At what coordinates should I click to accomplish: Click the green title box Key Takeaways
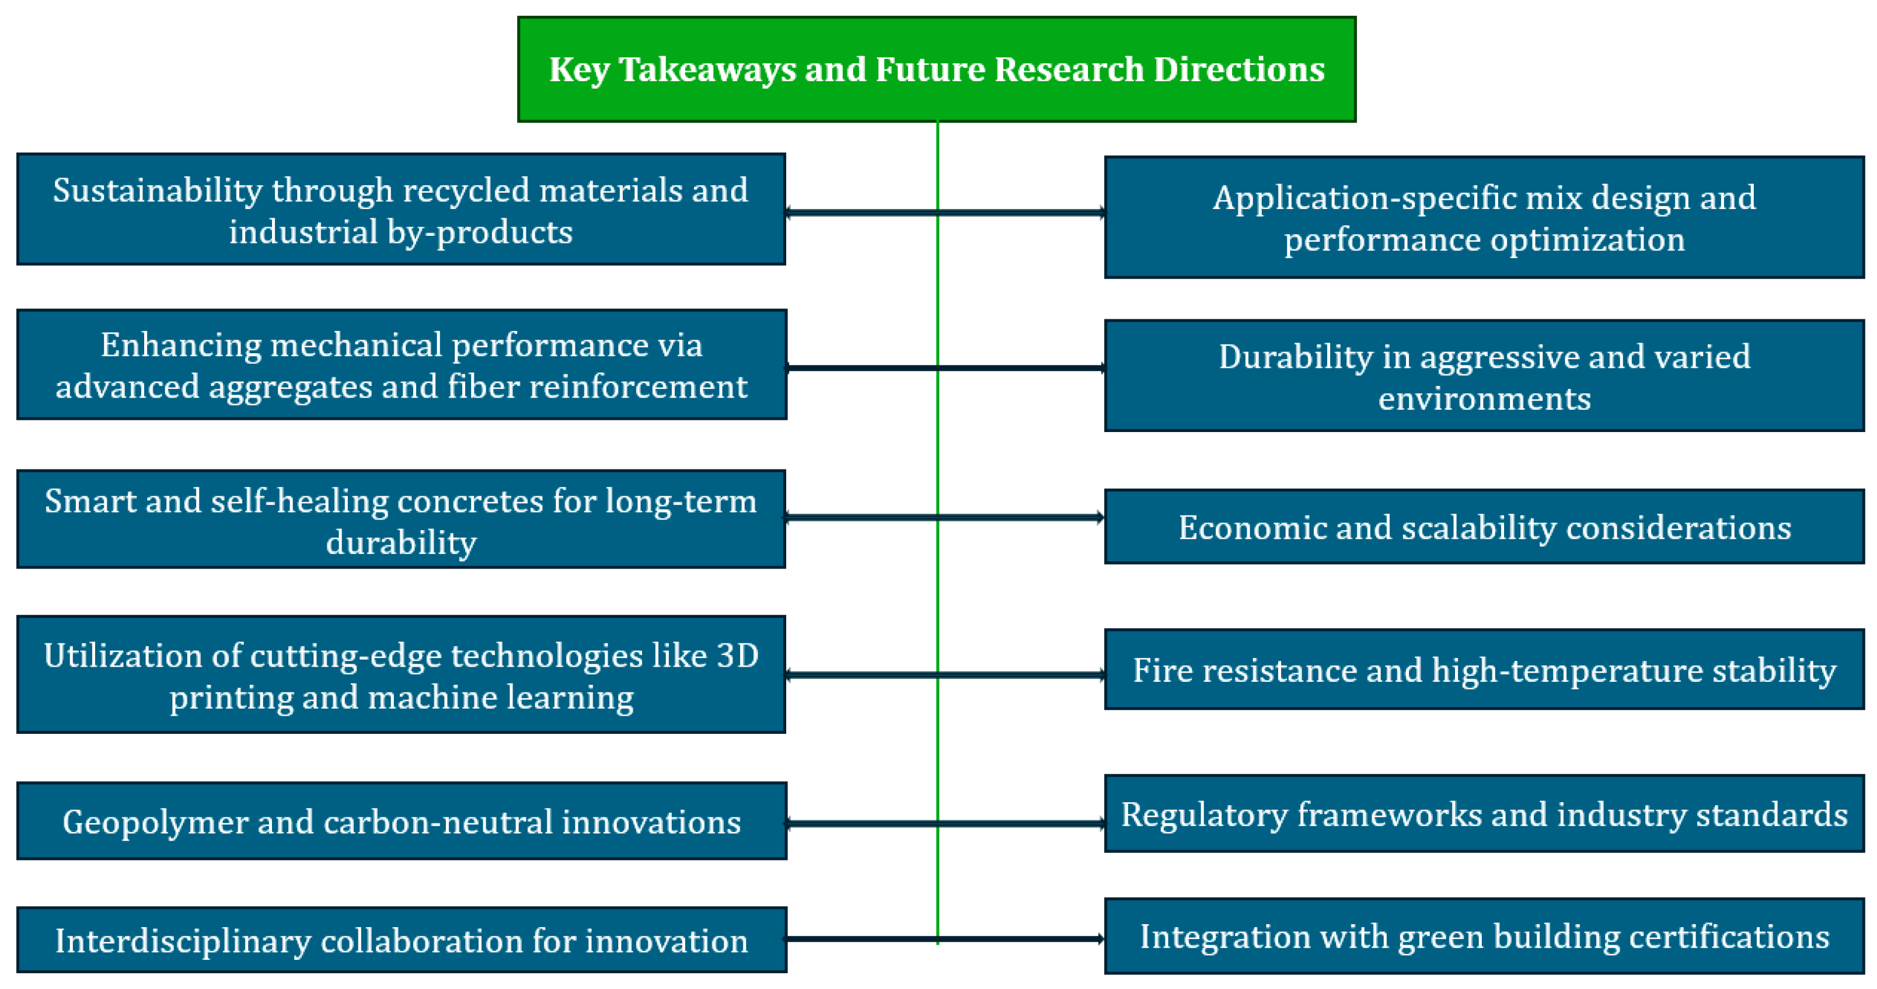936,69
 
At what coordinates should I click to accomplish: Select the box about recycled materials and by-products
401,209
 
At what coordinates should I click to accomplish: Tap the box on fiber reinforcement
402,364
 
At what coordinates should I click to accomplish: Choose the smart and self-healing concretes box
401,519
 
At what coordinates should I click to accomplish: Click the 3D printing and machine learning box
401,674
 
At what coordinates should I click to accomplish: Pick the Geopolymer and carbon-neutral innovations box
402,821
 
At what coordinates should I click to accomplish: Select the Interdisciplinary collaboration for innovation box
402,939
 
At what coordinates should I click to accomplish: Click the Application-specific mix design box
1484,217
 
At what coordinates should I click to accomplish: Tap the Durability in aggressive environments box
1484,376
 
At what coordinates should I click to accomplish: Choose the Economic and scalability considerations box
1484,526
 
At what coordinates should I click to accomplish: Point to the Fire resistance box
1484,669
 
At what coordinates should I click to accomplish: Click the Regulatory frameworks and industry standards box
1484,813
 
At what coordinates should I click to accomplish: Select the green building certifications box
1484,936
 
